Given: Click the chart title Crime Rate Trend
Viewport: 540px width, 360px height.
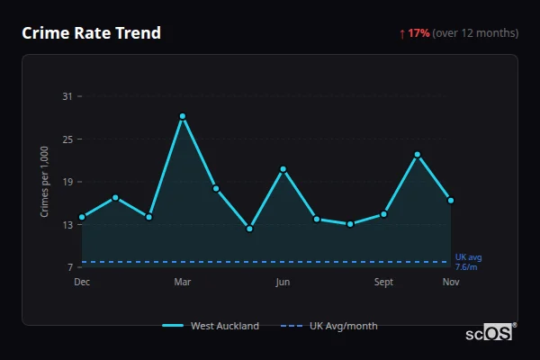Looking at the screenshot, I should [92, 33].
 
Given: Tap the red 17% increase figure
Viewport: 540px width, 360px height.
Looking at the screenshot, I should [418, 33].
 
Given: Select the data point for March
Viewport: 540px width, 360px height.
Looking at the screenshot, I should [183, 116].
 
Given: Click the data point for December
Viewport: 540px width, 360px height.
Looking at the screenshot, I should [82, 217].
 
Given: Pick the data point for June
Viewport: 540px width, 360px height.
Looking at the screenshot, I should [283, 169].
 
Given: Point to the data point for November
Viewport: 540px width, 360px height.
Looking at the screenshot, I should [451, 200].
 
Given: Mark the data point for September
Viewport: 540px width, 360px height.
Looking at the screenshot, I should [383, 214].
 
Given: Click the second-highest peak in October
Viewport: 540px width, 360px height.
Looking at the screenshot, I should [418, 155].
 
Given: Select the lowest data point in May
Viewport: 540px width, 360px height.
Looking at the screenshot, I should [249, 229].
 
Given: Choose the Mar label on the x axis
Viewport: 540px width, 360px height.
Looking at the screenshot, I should [183, 282].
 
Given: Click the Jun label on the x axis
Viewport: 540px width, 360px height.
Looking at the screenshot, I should [283, 282].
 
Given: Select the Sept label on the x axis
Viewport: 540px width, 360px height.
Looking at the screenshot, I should [383, 282].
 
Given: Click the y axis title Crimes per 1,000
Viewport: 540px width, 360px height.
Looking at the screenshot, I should [45, 182].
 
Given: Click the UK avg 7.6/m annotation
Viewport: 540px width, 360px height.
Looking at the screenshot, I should [468, 262].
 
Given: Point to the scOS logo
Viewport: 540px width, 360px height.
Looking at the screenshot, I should [490, 333].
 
